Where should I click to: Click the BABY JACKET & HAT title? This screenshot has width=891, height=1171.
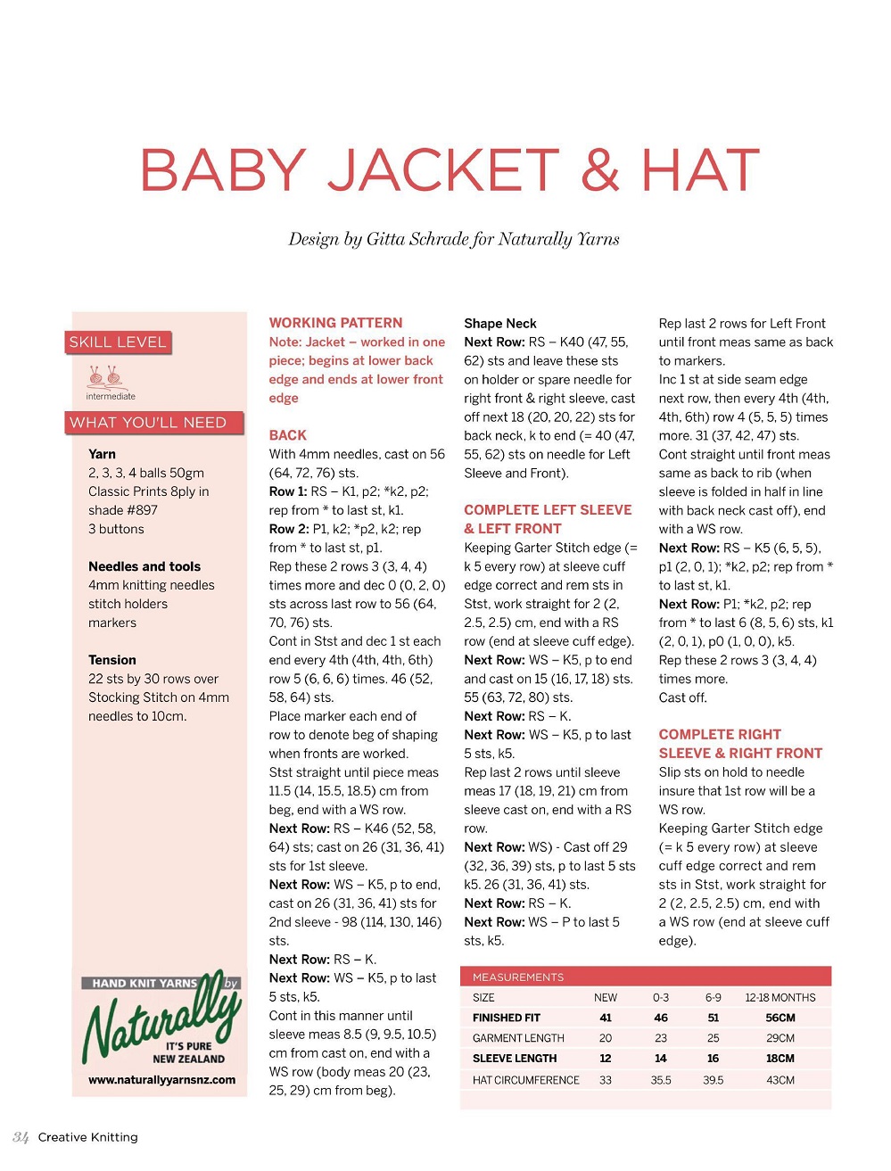tap(450, 169)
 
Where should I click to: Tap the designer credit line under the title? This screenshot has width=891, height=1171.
tap(453, 239)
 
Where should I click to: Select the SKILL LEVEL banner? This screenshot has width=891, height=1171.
tap(118, 342)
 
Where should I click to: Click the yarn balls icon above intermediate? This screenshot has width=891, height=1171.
tap(104, 376)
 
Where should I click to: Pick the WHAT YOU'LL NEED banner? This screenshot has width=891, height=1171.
tap(149, 423)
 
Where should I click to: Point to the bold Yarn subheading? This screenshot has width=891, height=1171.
tap(102, 454)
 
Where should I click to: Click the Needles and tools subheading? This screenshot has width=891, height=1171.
tap(144, 566)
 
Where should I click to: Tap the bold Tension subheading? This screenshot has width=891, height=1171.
tap(112, 660)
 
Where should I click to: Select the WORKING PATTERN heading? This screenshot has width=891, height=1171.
tap(335, 323)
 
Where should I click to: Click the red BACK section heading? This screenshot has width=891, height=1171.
tap(287, 435)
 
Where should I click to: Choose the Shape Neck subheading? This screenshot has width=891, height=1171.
tap(499, 323)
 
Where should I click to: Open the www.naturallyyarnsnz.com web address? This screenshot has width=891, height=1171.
tap(161, 1079)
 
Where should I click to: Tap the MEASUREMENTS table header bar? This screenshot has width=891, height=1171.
tap(645, 977)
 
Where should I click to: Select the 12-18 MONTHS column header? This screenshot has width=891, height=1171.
tap(780, 997)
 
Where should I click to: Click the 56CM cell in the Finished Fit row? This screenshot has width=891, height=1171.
tap(780, 1018)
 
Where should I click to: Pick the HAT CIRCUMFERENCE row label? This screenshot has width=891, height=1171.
tap(525, 1080)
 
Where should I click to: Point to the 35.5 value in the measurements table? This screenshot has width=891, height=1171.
tap(660, 1080)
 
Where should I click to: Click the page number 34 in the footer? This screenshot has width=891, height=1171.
tap(21, 1137)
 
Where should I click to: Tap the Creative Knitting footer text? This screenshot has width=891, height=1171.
tap(87, 1137)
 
